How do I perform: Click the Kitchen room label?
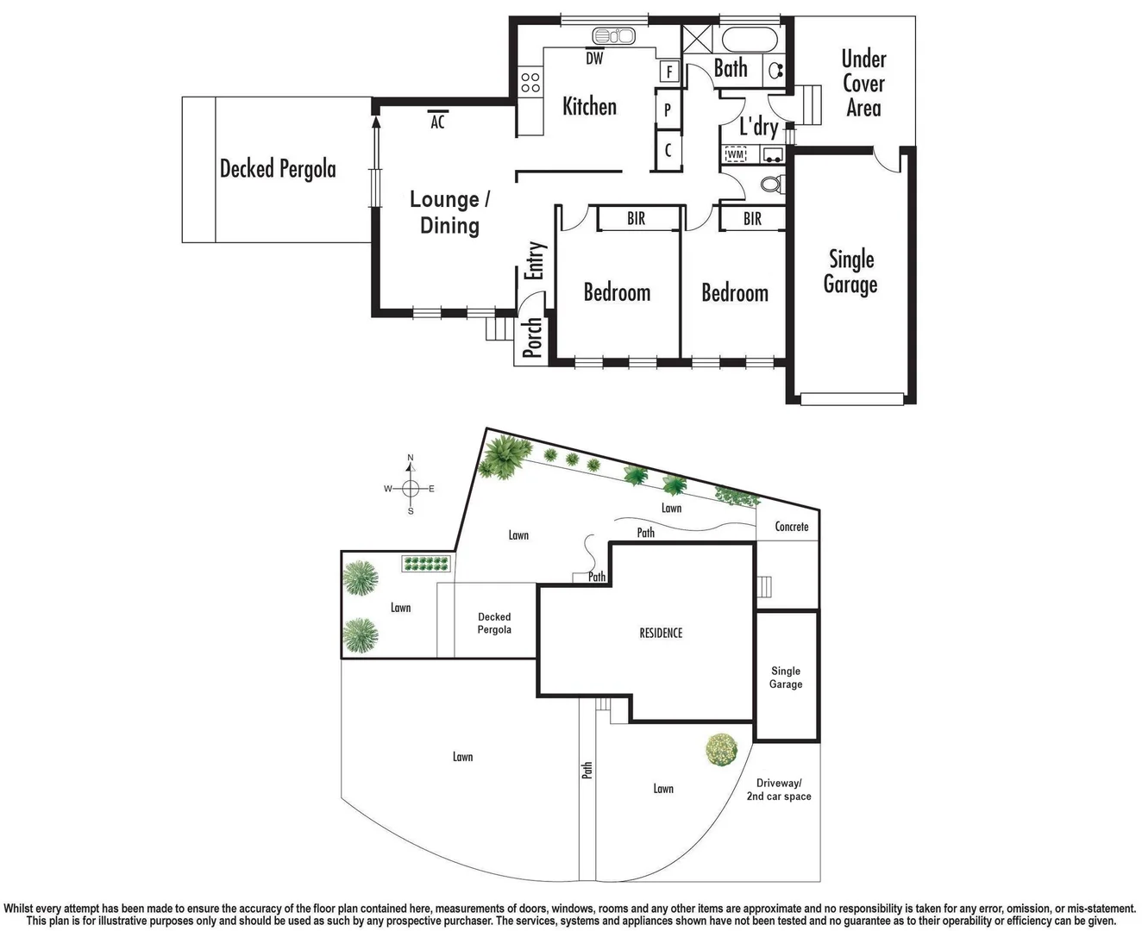pos(589,106)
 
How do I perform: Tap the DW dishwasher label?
pos(594,59)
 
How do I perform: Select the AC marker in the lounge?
pos(437,122)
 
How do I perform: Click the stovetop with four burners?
pos(530,83)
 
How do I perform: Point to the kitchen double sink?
pos(613,36)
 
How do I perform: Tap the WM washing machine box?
pos(736,154)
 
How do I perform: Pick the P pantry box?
pos(668,110)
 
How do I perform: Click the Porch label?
pos(532,337)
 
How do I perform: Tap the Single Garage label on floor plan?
pos(850,272)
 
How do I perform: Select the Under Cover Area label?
pos(863,83)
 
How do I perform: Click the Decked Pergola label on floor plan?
pos(278,168)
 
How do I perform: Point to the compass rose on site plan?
pos(411,488)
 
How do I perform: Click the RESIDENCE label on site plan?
pos(661,633)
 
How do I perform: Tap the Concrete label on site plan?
pos(791,526)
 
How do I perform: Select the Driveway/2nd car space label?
pos(779,790)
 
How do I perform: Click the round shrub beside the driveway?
pos(720,750)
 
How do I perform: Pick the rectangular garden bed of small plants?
pos(426,564)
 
